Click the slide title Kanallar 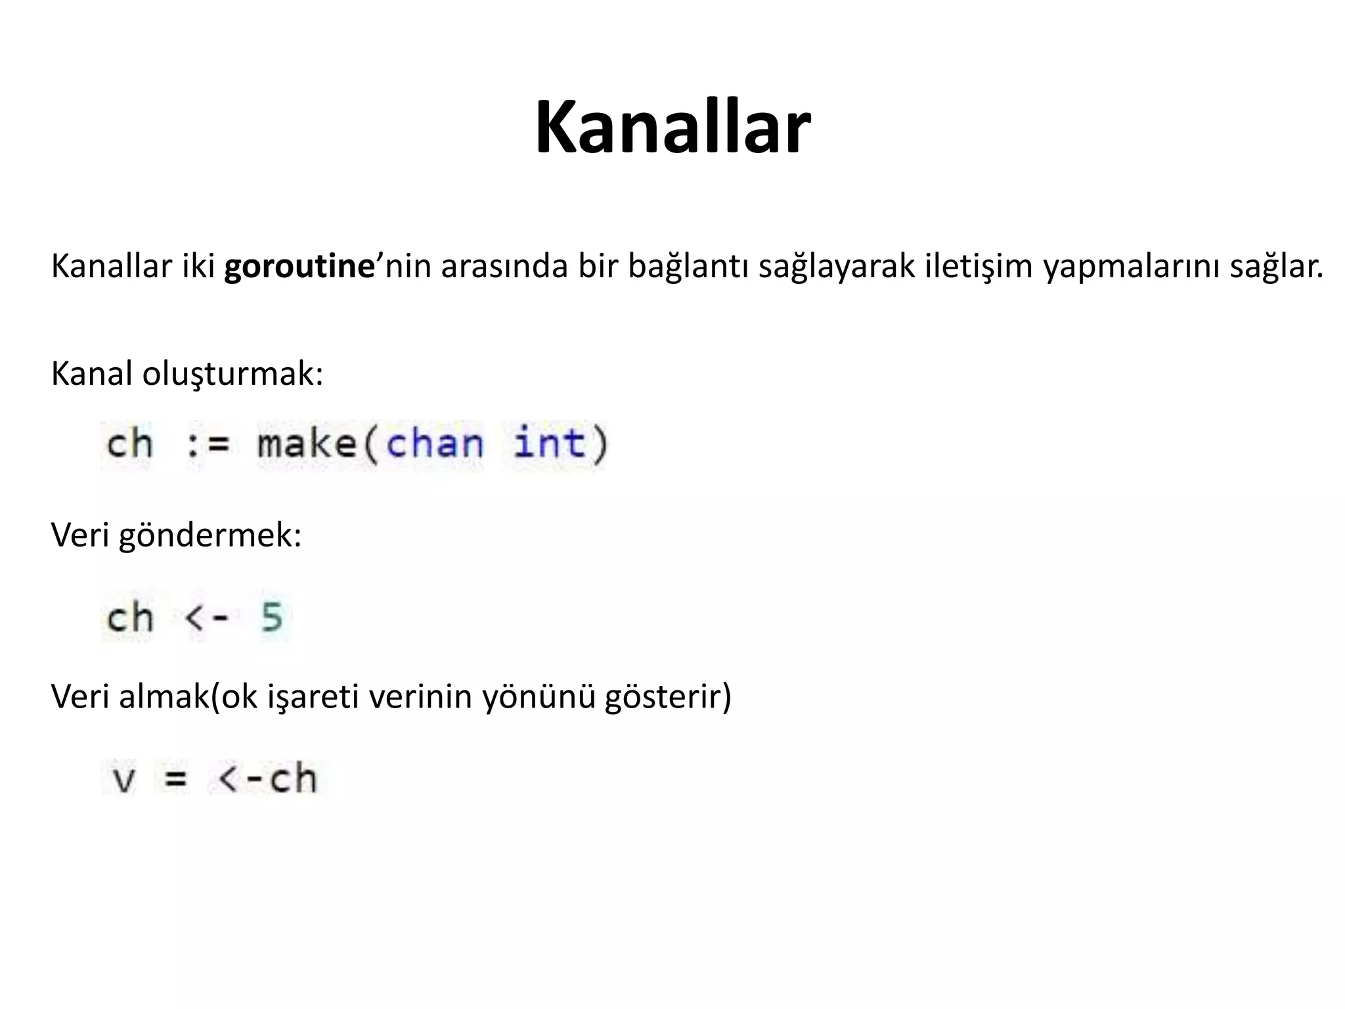pos(672,127)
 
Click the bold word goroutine pos(299,267)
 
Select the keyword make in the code pos(307,443)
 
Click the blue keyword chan pos(435,443)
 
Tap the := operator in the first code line pos(208,445)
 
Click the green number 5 pos(272,617)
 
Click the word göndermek pos(209,535)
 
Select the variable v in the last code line pos(124,780)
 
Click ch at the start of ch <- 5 pos(130,617)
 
